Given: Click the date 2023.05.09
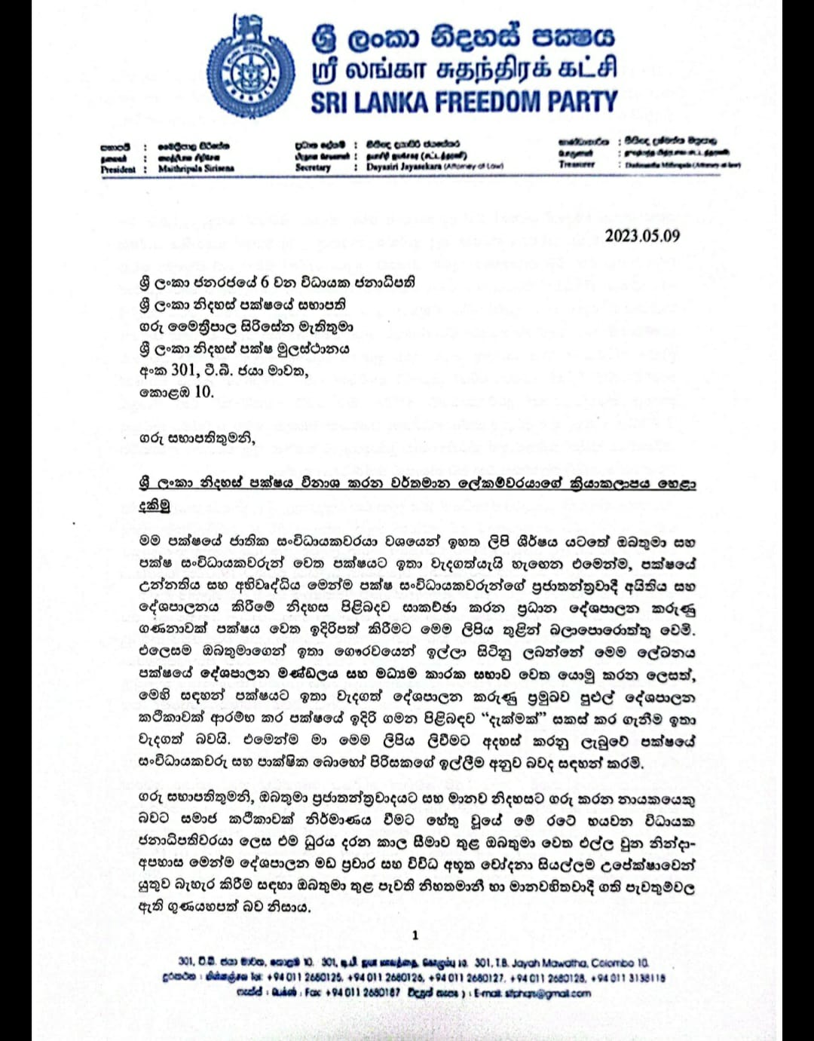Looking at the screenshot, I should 642,236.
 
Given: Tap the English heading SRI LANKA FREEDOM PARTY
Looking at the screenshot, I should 464,103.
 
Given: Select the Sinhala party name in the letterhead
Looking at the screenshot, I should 463,35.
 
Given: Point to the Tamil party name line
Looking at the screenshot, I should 464,69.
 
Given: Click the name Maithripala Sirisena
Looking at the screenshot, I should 196,169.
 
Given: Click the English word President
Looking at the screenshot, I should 118,170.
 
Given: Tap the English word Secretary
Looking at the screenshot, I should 313,167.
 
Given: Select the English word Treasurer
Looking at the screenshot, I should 577,164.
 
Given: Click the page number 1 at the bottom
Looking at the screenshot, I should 415,935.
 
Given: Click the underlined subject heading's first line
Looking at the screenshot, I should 417,484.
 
